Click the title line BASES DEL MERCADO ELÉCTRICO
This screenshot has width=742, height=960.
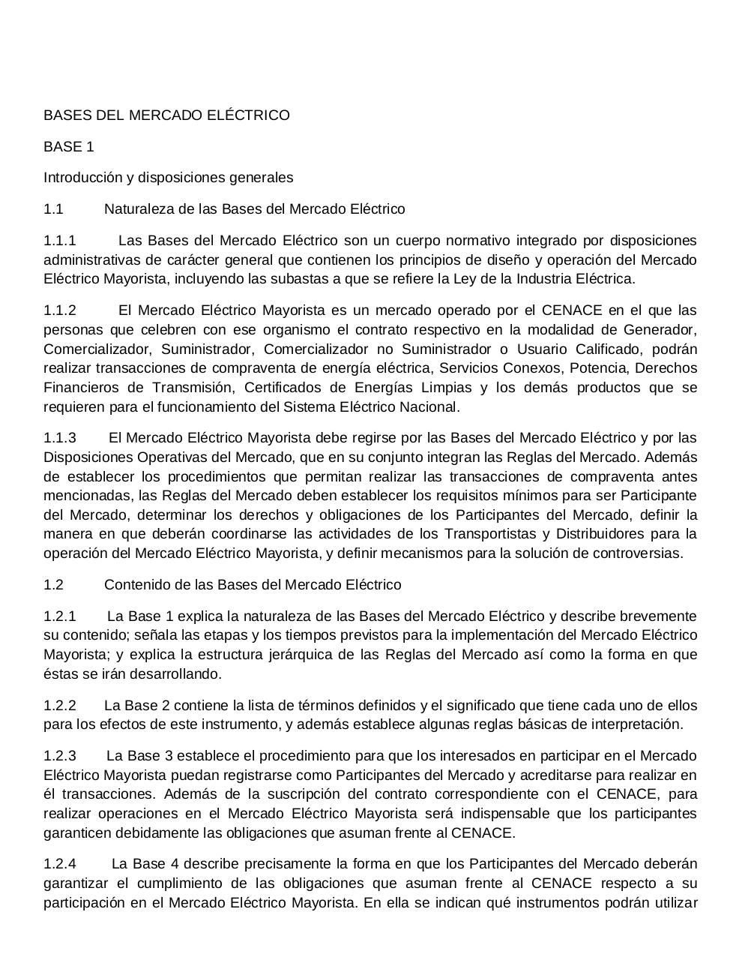[166, 115]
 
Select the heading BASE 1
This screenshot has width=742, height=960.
[69, 147]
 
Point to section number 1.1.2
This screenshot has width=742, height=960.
[60, 310]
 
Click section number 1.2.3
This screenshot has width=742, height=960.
[60, 756]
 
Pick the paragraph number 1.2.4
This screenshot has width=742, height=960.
[60, 864]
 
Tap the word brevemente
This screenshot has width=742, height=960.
[659, 616]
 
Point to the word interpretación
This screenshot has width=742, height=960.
[636, 724]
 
